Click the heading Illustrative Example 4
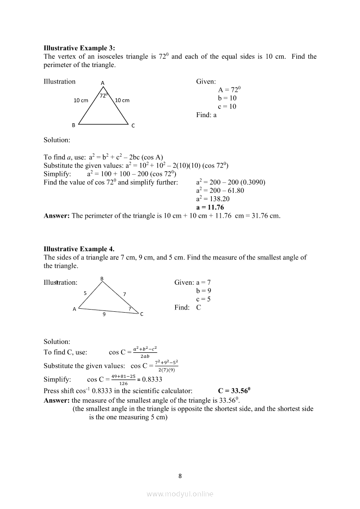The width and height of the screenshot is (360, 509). pyautogui.click(x=79, y=249)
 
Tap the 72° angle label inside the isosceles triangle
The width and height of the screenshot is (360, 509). pyautogui.click(x=104, y=95)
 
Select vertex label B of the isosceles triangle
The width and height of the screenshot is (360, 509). pyautogui.click(x=74, y=125)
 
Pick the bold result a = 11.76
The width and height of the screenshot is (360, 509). pyautogui.click(x=210, y=207)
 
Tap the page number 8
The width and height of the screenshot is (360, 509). pyautogui.click(x=180, y=475)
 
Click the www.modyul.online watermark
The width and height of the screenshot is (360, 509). pyautogui.click(x=180, y=494)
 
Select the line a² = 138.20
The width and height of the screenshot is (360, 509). pyautogui.click(x=213, y=199)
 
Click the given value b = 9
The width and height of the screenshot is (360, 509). pyautogui.click(x=204, y=290)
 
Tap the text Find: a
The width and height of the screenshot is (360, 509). pyautogui.click(x=206, y=115)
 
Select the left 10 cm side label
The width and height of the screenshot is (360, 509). pyautogui.click(x=81, y=101)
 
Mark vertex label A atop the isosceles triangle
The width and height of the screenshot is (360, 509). pyautogui.click(x=103, y=83)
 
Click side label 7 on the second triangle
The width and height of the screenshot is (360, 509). pyautogui.click(x=125, y=294)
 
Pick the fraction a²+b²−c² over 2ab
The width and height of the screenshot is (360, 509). pyautogui.click(x=145, y=352)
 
